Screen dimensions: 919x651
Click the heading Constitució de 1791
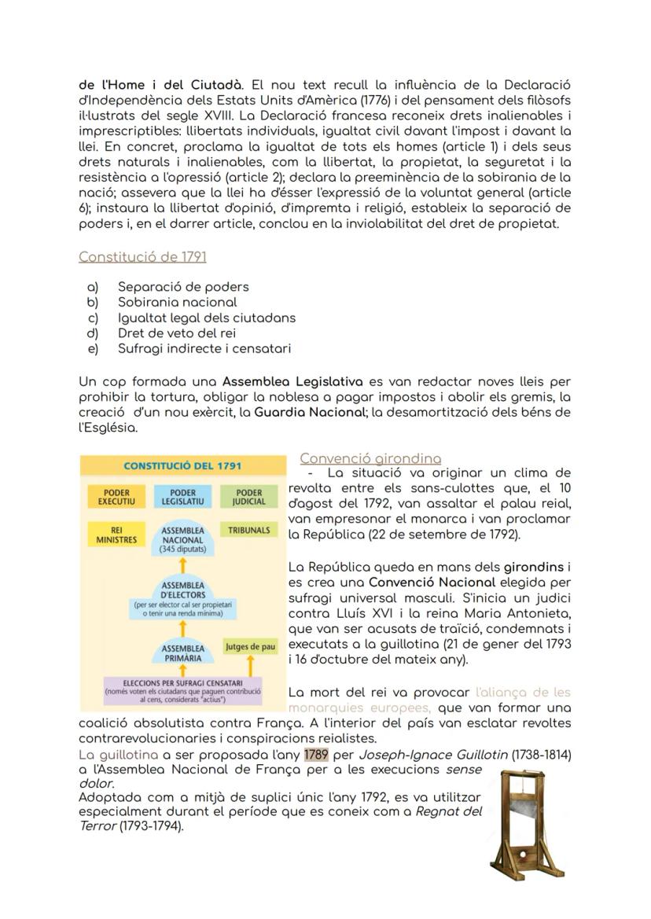click(x=142, y=256)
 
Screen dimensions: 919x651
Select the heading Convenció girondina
click(x=370, y=458)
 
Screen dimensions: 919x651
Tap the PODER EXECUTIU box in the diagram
click(x=116, y=497)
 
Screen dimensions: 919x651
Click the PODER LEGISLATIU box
click(x=182, y=497)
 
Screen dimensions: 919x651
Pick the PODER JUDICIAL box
click(x=249, y=497)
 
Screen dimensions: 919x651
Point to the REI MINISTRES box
click(x=116, y=535)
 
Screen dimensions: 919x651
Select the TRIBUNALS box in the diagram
click(x=249, y=530)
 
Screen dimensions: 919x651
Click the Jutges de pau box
click(x=250, y=646)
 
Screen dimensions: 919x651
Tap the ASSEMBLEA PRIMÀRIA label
click(x=182, y=653)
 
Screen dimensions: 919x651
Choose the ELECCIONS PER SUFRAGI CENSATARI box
click(x=182, y=689)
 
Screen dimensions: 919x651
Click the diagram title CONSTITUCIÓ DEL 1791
click(x=182, y=465)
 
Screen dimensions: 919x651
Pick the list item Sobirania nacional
click(x=177, y=302)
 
